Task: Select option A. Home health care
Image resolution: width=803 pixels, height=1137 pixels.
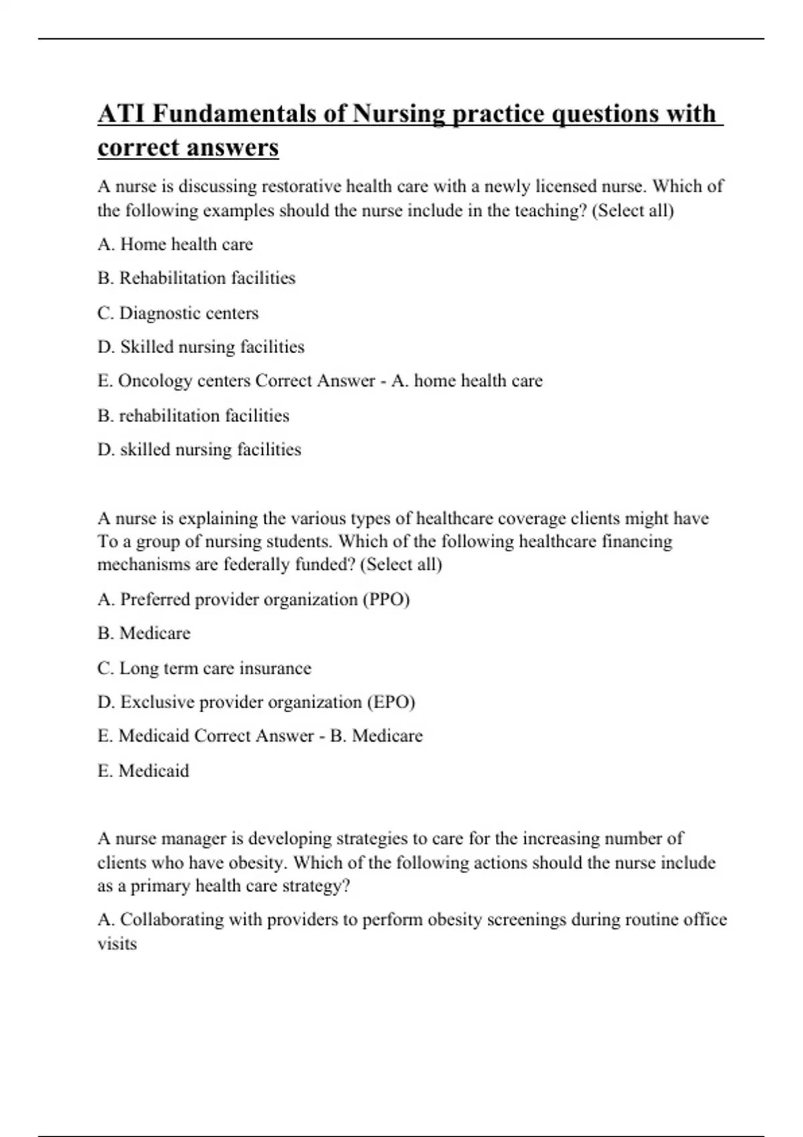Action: pos(175,245)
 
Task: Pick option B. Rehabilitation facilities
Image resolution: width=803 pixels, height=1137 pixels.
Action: pos(196,278)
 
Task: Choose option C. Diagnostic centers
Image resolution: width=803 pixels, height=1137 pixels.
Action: pos(178,313)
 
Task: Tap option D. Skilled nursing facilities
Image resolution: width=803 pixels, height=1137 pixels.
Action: pos(201,347)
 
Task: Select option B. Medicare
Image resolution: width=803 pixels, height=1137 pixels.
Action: pos(144,633)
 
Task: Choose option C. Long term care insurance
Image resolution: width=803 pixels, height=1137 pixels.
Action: pos(204,668)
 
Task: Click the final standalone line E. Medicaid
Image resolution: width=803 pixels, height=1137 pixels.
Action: pos(143,771)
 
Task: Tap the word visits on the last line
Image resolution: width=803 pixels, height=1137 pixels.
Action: pos(117,944)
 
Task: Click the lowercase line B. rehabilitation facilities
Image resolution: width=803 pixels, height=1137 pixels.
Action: pos(193,416)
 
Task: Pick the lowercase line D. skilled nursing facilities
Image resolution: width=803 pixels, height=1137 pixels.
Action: pos(199,449)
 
